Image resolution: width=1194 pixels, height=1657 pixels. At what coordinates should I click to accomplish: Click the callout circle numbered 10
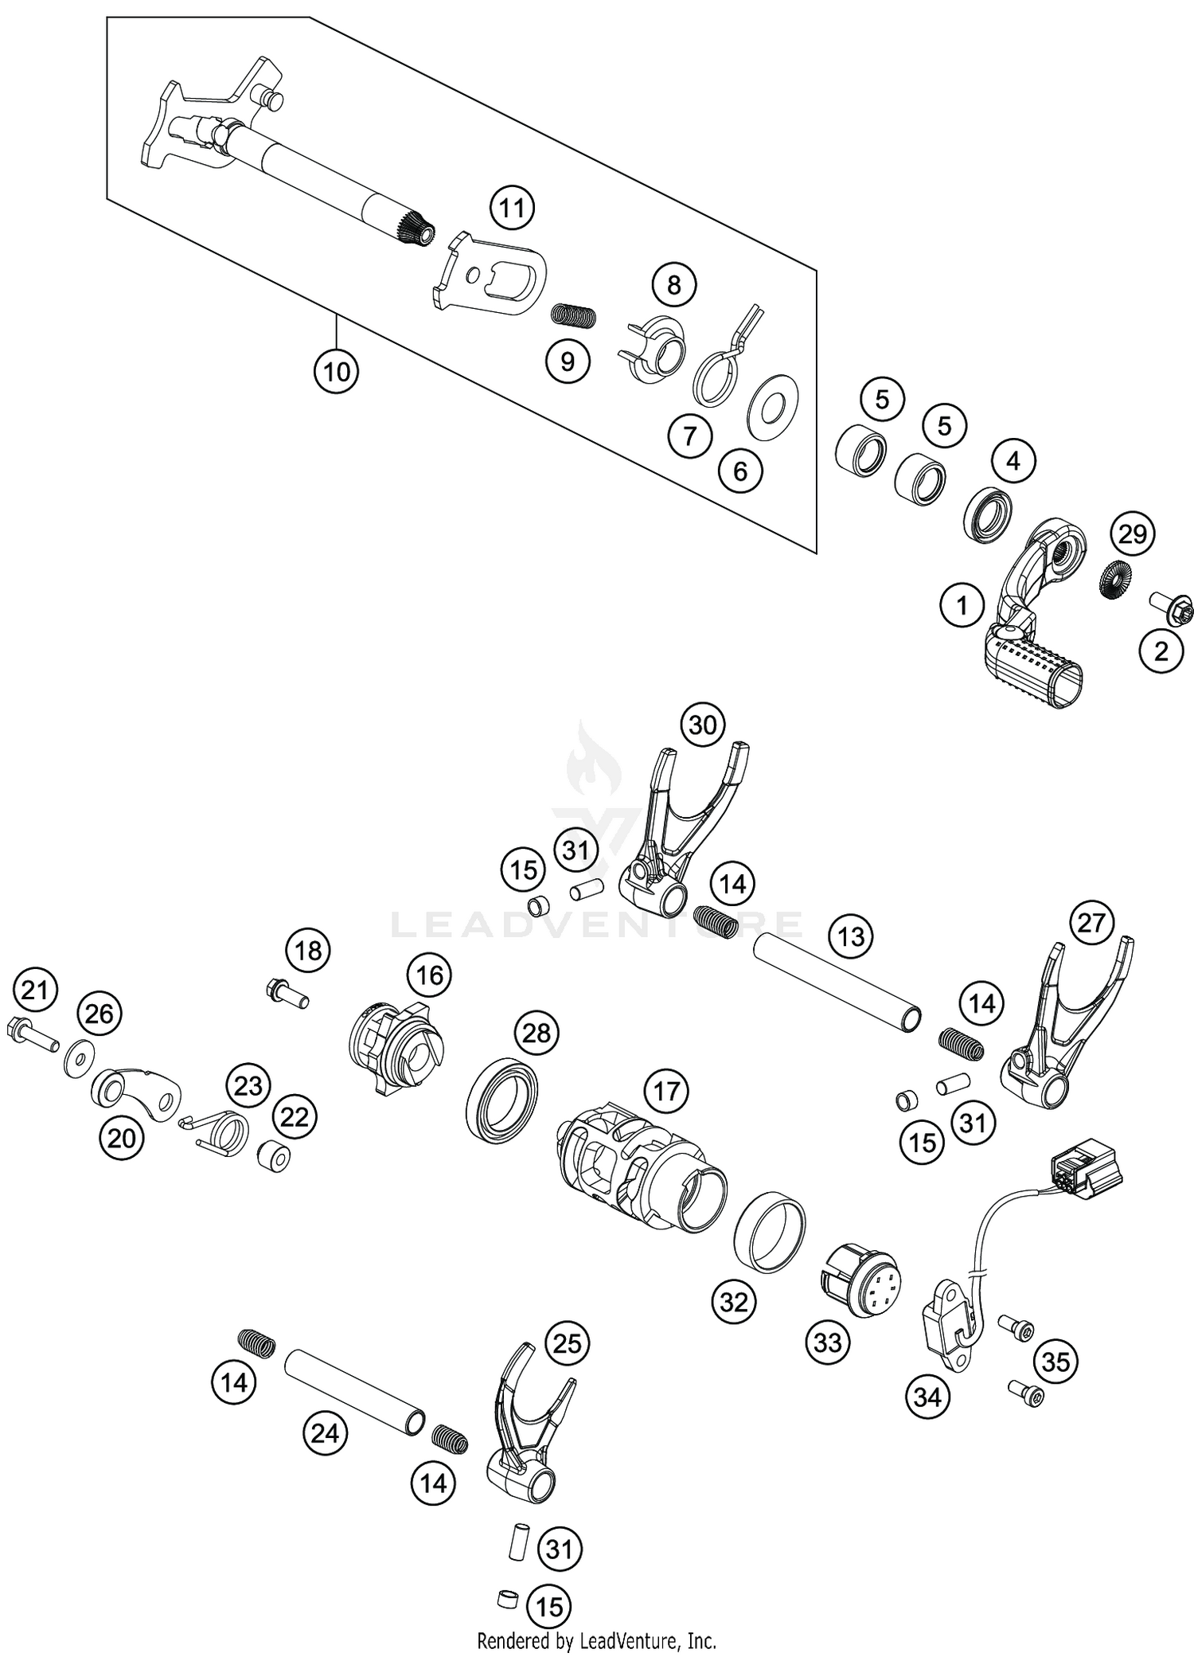pyautogui.click(x=336, y=371)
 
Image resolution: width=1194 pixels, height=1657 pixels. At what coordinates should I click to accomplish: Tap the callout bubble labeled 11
pyautogui.click(x=512, y=209)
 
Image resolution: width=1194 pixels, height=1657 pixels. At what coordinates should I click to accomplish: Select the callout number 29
pyautogui.click(x=1133, y=533)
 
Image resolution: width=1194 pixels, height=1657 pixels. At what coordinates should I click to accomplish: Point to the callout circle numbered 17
pyautogui.click(x=666, y=1090)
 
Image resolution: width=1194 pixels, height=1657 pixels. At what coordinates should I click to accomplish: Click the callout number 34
pyautogui.click(x=928, y=1397)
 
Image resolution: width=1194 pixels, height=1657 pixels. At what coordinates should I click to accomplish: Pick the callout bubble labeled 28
pyautogui.click(x=537, y=1033)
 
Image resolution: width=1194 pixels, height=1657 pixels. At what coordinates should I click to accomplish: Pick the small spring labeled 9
pyautogui.click(x=574, y=316)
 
